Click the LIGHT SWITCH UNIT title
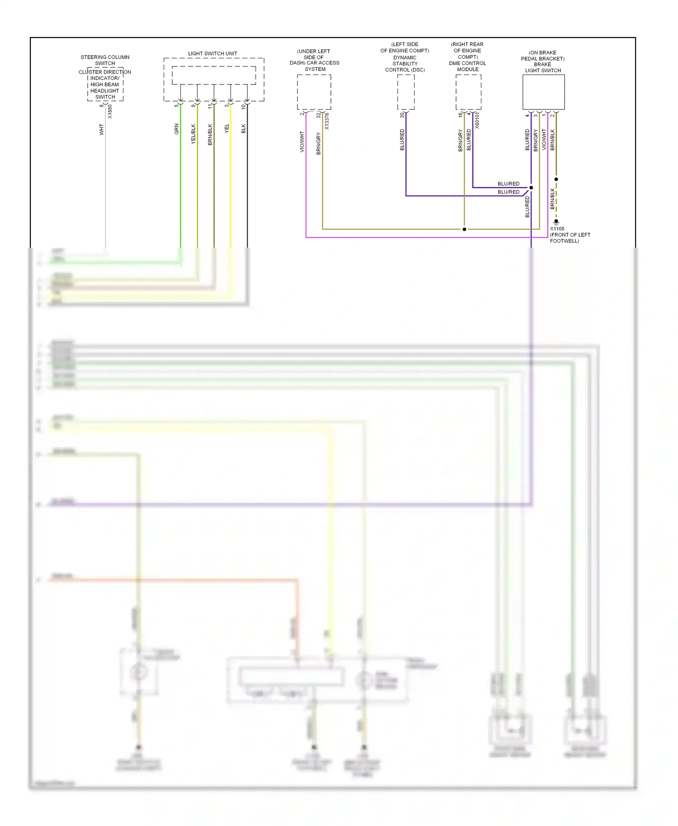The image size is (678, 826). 212,53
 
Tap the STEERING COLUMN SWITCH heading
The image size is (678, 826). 105,60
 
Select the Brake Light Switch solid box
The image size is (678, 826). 543,92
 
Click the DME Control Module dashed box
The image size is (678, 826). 468,92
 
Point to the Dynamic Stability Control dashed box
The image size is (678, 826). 405,92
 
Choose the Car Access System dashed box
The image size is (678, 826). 314,92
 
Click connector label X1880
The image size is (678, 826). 110,112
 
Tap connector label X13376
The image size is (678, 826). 327,121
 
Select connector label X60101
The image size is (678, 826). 477,121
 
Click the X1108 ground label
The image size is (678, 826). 557,229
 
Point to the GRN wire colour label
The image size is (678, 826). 177,129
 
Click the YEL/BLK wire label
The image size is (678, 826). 193,134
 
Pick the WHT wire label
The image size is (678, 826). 102,130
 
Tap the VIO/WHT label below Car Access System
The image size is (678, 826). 302,141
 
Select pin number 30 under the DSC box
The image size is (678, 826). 402,115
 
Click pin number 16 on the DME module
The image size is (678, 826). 461,115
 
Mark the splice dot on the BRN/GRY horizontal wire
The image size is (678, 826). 464,229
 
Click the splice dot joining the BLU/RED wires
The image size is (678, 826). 531,188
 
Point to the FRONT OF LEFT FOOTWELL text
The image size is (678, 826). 570,238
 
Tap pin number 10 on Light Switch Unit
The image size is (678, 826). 243,107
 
